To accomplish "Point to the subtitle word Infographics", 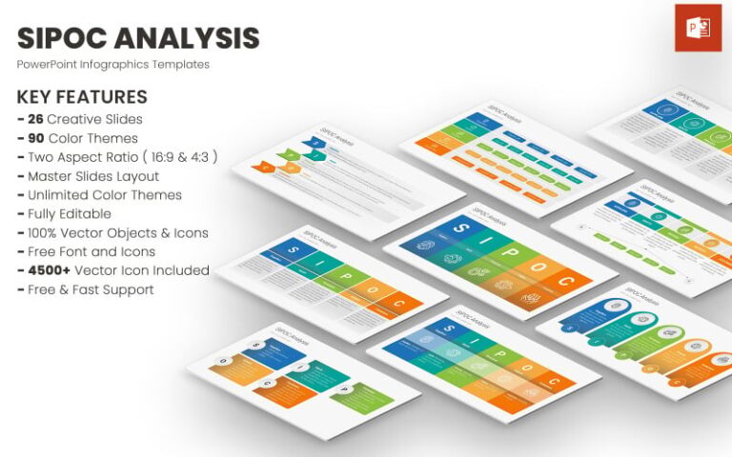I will (124, 65).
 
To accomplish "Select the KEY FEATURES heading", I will (82, 97).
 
